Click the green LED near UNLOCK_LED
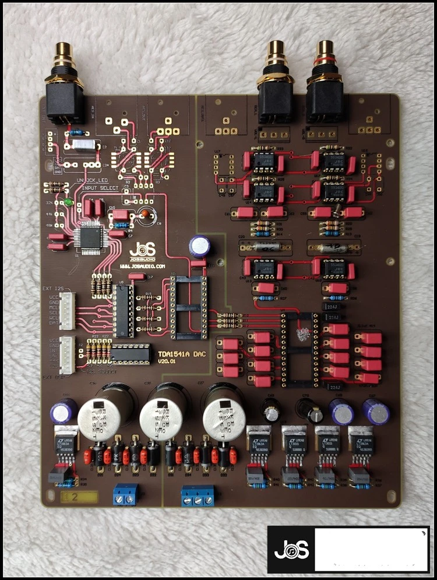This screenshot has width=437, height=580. pos(69,202)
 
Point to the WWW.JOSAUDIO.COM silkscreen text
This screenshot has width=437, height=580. pos(143,265)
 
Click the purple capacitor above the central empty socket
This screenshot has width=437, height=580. pos(199,247)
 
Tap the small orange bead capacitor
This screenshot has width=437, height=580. pos(143,215)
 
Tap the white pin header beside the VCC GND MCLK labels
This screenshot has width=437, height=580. pos(68,307)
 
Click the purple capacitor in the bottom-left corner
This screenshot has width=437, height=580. pos(64,412)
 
